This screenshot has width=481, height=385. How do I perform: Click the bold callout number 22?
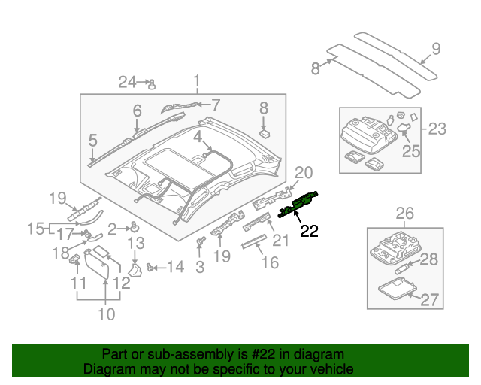point(310,232)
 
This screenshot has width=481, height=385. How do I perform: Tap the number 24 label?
point(126,82)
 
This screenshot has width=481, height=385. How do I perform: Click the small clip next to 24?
point(151,83)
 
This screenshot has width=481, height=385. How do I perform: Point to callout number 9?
point(435,51)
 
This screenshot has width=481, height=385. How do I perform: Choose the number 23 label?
point(437,129)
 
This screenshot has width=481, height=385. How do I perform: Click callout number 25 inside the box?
point(410,151)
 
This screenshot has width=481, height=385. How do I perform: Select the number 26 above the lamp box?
point(404,214)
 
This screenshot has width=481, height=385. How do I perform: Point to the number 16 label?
point(270,262)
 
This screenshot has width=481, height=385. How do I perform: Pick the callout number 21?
point(280,240)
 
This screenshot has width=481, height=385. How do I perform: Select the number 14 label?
point(174,266)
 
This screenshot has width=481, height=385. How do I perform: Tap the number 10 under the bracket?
point(107,314)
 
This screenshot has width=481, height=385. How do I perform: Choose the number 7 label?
point(215,105)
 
